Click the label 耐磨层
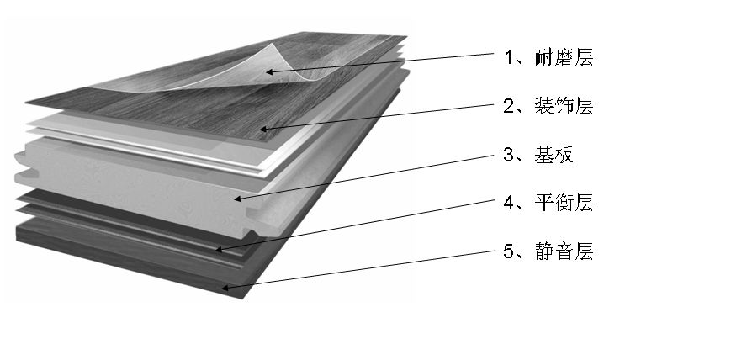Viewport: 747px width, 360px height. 564,58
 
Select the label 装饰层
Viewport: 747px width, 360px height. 564,106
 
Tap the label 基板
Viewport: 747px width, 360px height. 554,155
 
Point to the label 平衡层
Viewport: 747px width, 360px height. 564,203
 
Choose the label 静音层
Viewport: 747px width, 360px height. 564,251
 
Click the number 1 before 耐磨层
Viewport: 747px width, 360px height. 509,58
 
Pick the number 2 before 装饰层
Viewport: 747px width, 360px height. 509,106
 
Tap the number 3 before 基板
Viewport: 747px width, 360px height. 509,155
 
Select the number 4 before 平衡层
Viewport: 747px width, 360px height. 509,203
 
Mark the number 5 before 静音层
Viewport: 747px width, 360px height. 509,251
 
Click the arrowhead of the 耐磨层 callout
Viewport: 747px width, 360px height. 269,71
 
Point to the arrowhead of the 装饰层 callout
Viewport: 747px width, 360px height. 263,129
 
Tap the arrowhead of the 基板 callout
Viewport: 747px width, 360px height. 238,199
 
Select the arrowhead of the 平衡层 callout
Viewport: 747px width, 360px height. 219,249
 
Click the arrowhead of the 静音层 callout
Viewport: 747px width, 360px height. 225,287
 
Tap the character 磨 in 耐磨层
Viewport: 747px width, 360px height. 564,58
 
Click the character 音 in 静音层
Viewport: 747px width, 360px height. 564,251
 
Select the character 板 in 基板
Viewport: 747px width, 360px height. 564,155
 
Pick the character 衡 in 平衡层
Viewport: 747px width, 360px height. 564,203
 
